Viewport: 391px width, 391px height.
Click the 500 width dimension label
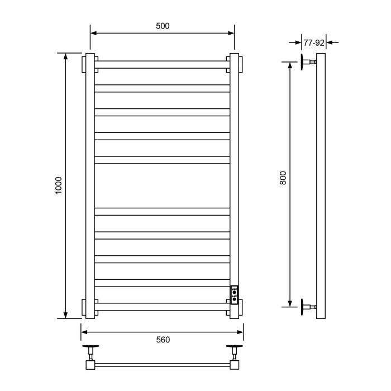[163, 26]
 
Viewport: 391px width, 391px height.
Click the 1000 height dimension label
[59, 186]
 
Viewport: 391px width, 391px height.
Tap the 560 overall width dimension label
[163, 340]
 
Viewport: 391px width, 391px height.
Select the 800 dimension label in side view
[283, 178]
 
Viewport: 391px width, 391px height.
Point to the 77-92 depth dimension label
[314, 41]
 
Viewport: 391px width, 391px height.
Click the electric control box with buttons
[235, 294]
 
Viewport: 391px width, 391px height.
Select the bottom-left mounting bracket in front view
[90, 308]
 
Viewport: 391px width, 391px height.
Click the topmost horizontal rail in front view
[163, 64]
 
